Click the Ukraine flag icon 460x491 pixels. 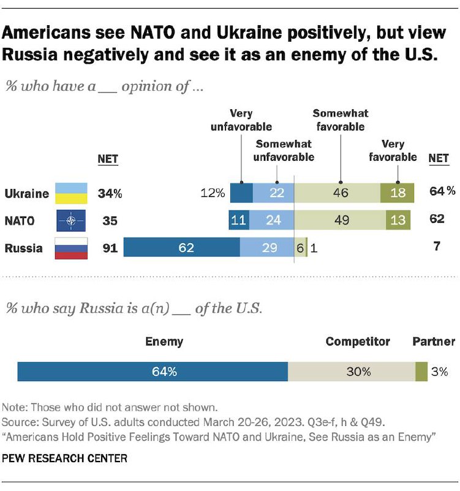pos(71,193)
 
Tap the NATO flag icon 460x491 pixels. pos(71,220)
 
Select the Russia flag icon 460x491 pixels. pos(71,248)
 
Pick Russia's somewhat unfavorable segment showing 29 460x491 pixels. pos(267,248)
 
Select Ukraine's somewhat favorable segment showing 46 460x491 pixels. pos(337,193)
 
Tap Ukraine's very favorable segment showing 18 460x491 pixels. pos(398,193)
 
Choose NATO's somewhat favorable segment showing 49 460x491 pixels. pos(340,220)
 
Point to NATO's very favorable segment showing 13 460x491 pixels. pos(398,220)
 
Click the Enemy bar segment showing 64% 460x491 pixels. pos(153,371)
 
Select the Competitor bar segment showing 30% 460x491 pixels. pos(352,371)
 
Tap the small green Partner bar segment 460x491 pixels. pos(421,371)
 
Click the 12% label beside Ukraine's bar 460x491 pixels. pos(212,193)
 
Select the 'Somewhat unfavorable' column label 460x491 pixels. pos(284,150)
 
